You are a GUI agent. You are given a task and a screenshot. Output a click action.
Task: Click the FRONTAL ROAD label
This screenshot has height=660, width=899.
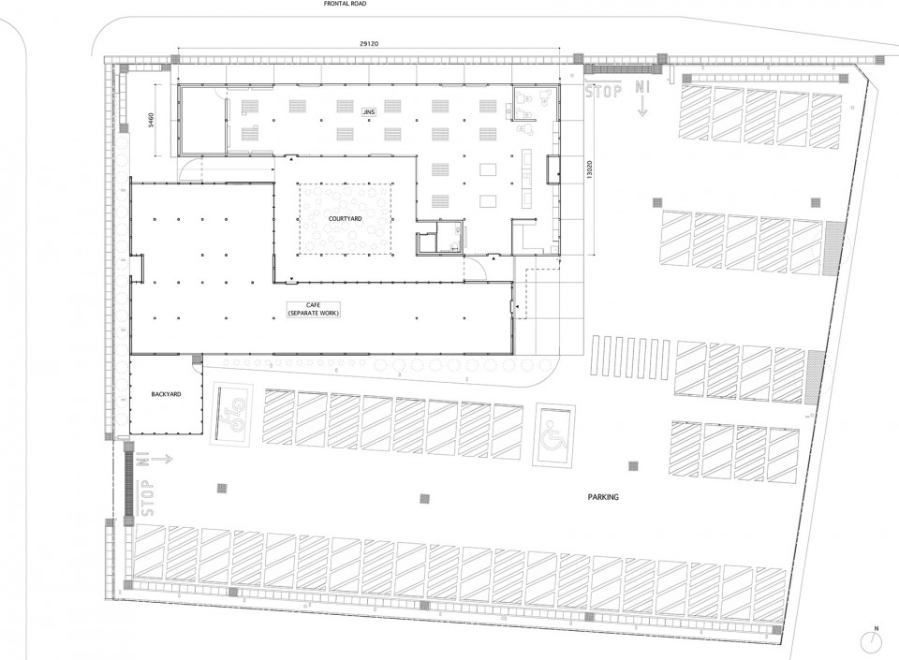tap(345, 4)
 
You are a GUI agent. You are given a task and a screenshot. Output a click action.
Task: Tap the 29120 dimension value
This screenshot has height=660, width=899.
tap(369, 44)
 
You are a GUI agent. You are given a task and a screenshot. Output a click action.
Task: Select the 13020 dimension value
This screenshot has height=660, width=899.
tap(589, 169)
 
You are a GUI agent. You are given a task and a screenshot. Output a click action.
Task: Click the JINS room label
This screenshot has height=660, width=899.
tap(369, 112)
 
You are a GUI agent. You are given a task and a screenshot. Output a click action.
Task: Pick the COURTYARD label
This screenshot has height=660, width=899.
tap(346, 219)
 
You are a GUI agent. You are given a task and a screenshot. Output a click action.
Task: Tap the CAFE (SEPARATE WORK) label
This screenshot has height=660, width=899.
tap(314, 309)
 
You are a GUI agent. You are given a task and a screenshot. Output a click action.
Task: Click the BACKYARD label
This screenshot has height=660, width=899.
tap(167, 394)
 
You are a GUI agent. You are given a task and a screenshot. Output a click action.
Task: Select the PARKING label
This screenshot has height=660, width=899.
tap(603, 497)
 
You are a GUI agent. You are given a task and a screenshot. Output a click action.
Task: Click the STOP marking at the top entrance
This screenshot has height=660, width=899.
tap(603, 91)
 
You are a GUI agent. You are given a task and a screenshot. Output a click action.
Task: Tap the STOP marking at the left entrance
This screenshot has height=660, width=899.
tap(146, 497)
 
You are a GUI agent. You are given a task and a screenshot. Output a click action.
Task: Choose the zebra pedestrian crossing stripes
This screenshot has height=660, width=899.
tap(630, 356)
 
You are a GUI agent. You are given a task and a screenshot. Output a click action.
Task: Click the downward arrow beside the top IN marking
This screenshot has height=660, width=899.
tap(642, 107)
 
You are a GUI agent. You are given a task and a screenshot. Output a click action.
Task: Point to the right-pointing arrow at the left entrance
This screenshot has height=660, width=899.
tap(161, 459)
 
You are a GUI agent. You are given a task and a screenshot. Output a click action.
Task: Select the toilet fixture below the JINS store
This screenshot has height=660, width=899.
tap(455, 247)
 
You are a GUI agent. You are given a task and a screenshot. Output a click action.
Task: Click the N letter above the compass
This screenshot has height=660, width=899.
tap(875, 628)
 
